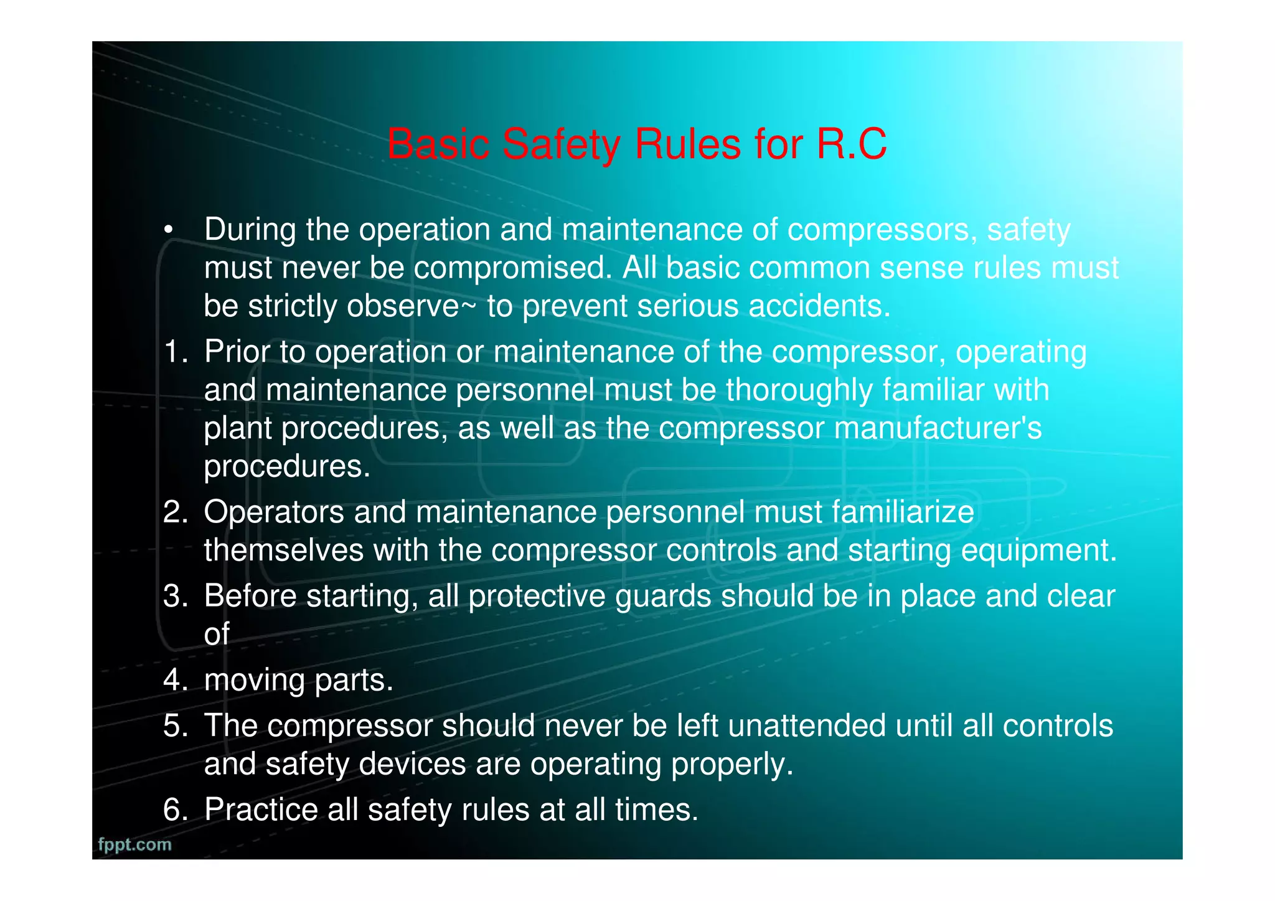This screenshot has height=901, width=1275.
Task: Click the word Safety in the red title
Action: pyautogui.click(x=561, y=145)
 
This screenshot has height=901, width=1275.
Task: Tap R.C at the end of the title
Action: pyautogui.click(x=851, y=144)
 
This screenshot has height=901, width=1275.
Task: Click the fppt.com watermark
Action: pyautogui.click(x=134, y=844)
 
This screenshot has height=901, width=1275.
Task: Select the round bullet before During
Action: pyautogui.click(x=167, y=230)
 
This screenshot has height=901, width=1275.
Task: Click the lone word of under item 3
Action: pyautogui.click(x=217, y=634)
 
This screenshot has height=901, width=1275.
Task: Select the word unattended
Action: pyautogui.click(x=806, y=726)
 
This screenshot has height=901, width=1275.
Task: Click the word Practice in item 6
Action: pyautogui.click(x=261, y=809)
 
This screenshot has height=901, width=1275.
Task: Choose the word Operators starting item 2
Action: pyautogui.click(x=274, y=512)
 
